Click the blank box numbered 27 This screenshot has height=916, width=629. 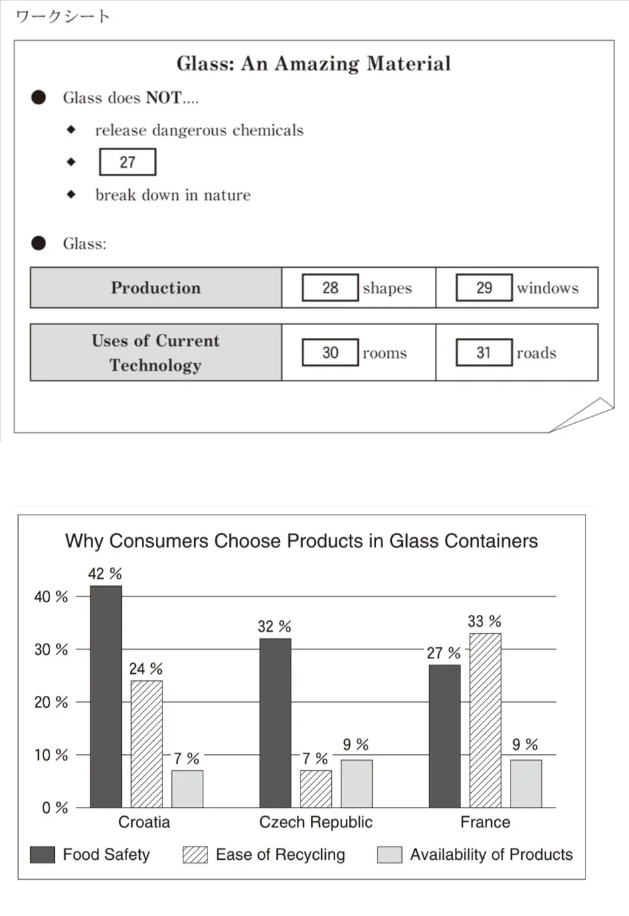point(127,162)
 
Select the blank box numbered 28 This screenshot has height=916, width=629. point(330,288)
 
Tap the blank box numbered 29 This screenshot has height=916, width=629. point(484,288)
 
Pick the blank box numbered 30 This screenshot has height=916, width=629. point(330,353)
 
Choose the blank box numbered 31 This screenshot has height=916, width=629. point(484,353)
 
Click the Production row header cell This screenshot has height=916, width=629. point(156,288)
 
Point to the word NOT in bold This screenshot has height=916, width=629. point(163,98)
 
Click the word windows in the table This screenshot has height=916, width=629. point(547,288)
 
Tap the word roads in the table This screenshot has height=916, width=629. point(536,353)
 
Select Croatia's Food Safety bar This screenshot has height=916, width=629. point(106,696)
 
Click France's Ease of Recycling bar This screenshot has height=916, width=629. point(485,720)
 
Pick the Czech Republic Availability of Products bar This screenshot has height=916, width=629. point(356,784)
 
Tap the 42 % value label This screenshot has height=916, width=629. point(105,574)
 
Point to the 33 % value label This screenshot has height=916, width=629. point(484,622)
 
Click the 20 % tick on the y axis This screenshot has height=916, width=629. point(51,702)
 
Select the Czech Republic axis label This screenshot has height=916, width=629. point(316,822)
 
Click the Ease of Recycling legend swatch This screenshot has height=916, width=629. point(195,854)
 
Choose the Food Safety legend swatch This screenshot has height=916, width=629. point(42,854)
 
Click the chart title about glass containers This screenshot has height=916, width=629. point(301,541)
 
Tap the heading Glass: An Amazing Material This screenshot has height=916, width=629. point(313,64)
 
